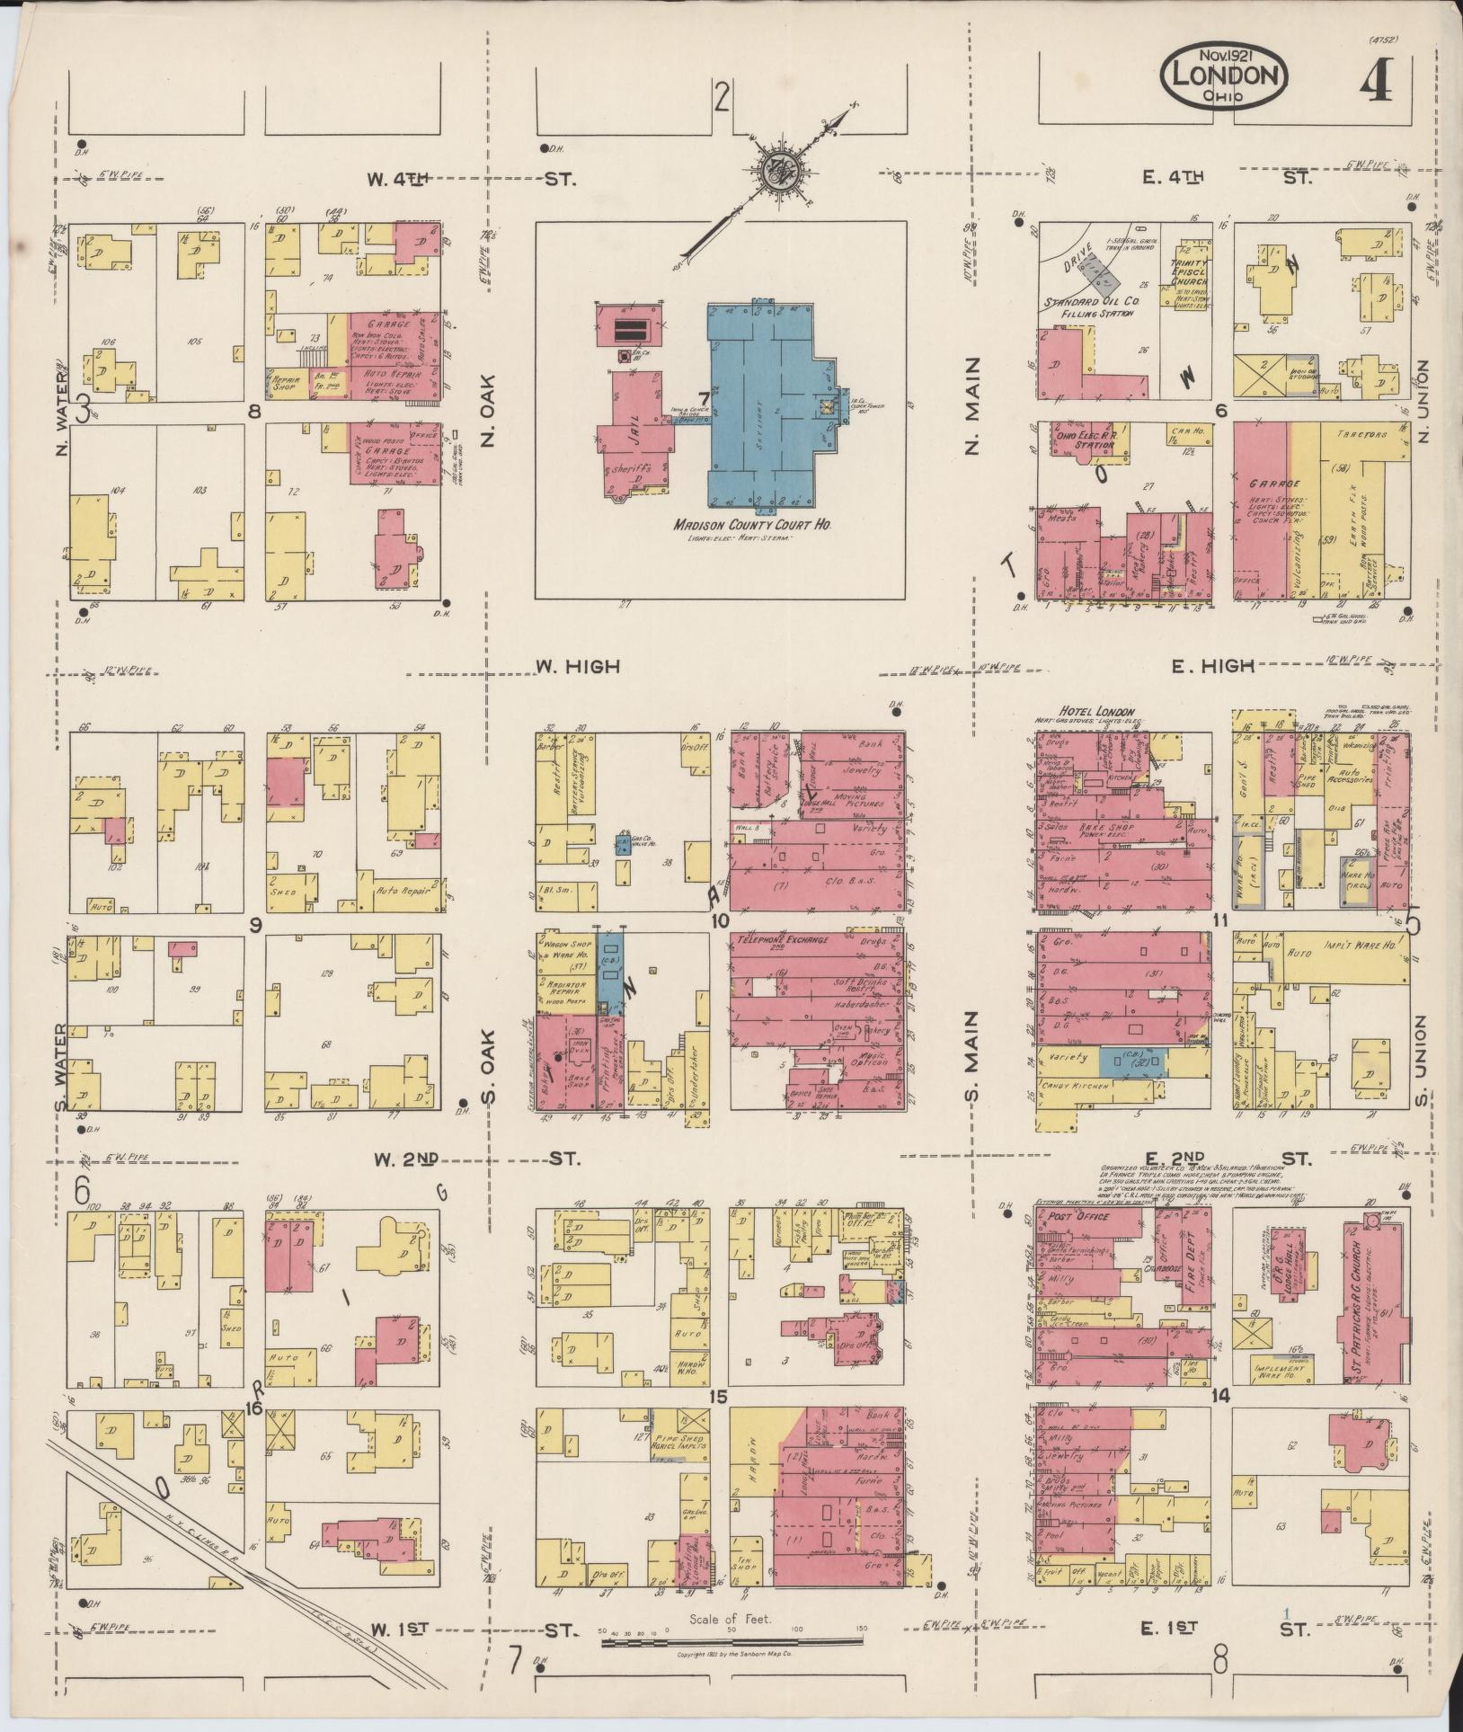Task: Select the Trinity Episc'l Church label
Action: click(x=1188, y=271)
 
